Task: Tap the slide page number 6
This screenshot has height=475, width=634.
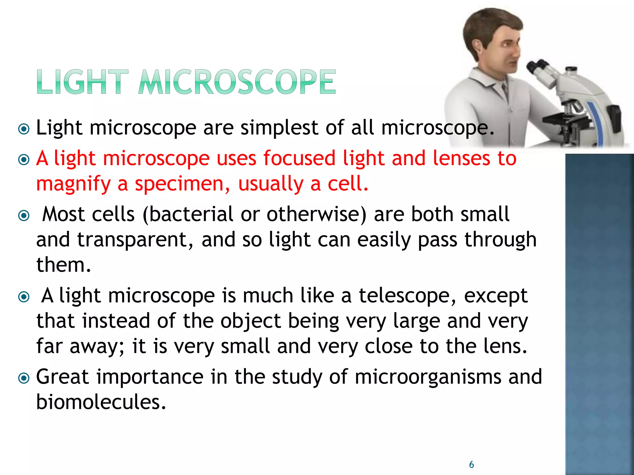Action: coord(471,464)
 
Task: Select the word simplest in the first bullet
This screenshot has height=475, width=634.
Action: coord(279,128)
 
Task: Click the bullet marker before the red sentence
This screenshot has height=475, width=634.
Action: coord(24,160)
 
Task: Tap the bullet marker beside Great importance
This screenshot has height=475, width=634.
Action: coord(24,378)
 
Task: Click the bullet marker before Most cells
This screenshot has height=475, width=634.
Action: coord(24,215)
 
